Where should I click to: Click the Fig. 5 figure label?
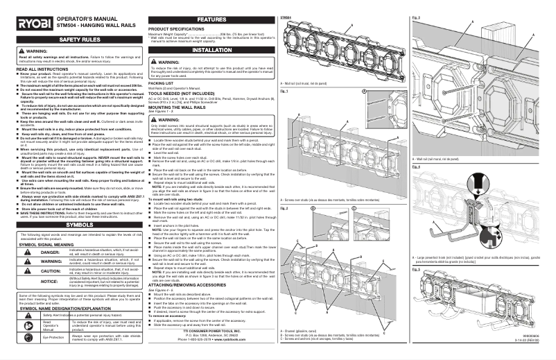417,269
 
